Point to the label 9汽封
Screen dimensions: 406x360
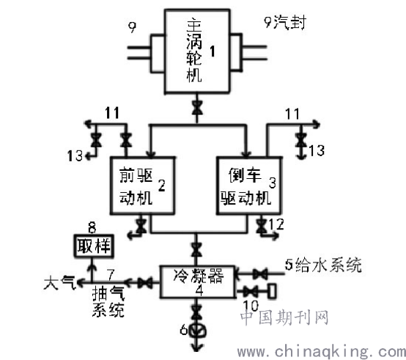click(285, 22)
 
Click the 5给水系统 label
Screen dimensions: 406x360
click(323, 265)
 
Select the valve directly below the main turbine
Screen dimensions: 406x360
click(197, 108)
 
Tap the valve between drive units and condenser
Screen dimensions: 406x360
click(196, 249)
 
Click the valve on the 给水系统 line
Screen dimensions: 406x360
click(259, 274)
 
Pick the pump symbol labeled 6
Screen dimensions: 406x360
click(197, 331)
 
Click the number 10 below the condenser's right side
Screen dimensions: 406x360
click(251, 306)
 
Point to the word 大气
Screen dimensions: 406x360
click(60, 282)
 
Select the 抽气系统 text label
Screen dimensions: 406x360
click(108, 301)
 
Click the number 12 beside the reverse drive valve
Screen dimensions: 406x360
click(276, 224)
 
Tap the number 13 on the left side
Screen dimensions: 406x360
click(75, 156)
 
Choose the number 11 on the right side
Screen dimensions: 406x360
click(292, 114)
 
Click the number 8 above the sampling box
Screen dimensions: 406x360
click(92, 228)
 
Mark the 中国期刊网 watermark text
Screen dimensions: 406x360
click(284, 317)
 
